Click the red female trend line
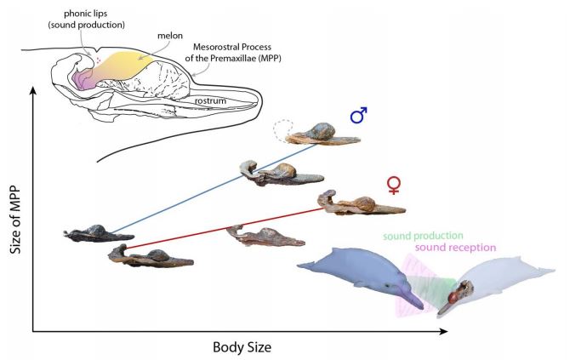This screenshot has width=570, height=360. (213, 231)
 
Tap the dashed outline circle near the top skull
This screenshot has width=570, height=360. (283, 130)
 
